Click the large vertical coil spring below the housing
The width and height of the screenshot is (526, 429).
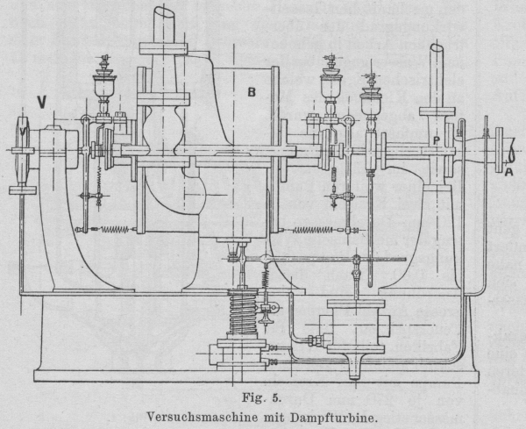pos(238,311)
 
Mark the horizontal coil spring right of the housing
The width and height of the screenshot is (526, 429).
pos(313,230)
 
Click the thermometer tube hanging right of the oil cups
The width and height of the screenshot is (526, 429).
pos(371,237)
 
